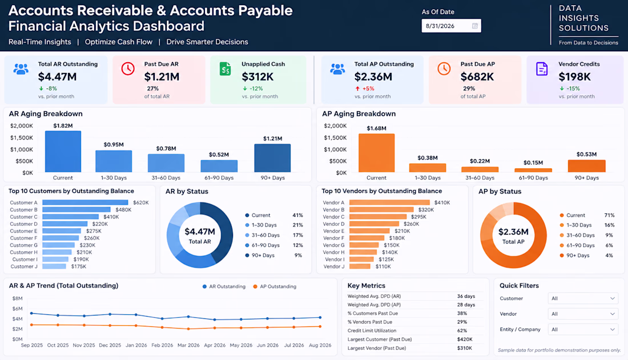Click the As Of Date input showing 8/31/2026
[451, 26]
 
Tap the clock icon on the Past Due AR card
[128, 69]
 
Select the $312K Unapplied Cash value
[257, 76]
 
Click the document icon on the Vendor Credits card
[541, 69]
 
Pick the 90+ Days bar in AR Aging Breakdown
[272, 158]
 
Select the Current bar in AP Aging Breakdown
[376, 153]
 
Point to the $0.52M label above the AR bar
[219, 155]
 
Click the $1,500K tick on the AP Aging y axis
[335, 137]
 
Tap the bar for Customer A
[85, 203]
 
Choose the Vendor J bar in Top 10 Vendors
[360, 266]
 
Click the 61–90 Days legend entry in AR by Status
[263, 245]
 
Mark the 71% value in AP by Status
[609, 216]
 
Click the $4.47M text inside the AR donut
[200, 232]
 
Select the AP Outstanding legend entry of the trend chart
[275, 287]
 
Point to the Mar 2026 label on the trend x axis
[188, 345]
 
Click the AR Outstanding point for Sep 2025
[31, 313]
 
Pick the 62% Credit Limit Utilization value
[462, 331]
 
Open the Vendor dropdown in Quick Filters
[583, 314]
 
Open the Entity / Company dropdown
[583, 330]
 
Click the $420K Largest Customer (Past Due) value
[465, 339]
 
